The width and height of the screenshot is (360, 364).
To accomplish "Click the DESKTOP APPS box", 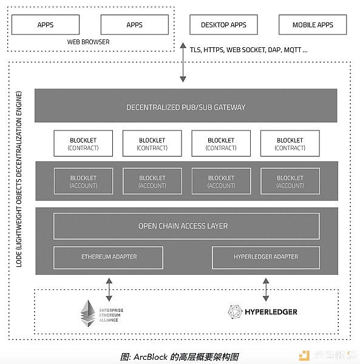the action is tap(223, 25).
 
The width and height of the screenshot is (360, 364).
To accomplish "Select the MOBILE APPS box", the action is tap(313, 25).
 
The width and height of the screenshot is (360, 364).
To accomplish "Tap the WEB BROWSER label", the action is tap(88, 42).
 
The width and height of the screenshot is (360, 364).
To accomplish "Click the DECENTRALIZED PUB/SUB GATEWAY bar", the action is tap(186, 106).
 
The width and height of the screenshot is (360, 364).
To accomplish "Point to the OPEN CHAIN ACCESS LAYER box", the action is tap(186, 226).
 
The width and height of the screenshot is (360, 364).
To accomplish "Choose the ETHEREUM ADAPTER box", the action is tap(108, 258).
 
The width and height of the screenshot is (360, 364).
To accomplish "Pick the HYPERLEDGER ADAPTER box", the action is tap(266, 258).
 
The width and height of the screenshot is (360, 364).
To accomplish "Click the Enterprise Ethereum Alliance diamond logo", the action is tap(88, 314).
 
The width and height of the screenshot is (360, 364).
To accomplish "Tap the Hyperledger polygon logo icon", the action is tap(235, 312).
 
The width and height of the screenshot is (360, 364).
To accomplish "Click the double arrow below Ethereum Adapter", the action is tap(109, 290).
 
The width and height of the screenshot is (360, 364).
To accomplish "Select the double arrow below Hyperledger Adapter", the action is tap(266, 290).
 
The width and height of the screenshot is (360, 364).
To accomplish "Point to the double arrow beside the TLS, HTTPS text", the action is tap(183, 62).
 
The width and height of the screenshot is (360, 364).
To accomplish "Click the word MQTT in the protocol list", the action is tap(293, 50).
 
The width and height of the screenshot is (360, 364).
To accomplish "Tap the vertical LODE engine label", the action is tap(19, 179).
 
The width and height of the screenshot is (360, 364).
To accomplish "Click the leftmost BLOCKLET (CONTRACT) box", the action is tap(83, 143).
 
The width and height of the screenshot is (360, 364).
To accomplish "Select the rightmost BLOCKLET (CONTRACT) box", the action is tap(290, 143).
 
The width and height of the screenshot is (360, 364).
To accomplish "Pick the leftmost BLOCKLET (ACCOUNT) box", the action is tap(83, 181).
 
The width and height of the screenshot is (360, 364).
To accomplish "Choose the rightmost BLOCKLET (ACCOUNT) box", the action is tap(290, 181).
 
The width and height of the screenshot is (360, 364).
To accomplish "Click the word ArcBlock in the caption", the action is tap(151, 357).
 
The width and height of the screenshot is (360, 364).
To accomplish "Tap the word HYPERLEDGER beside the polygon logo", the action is tap(271, 312).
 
